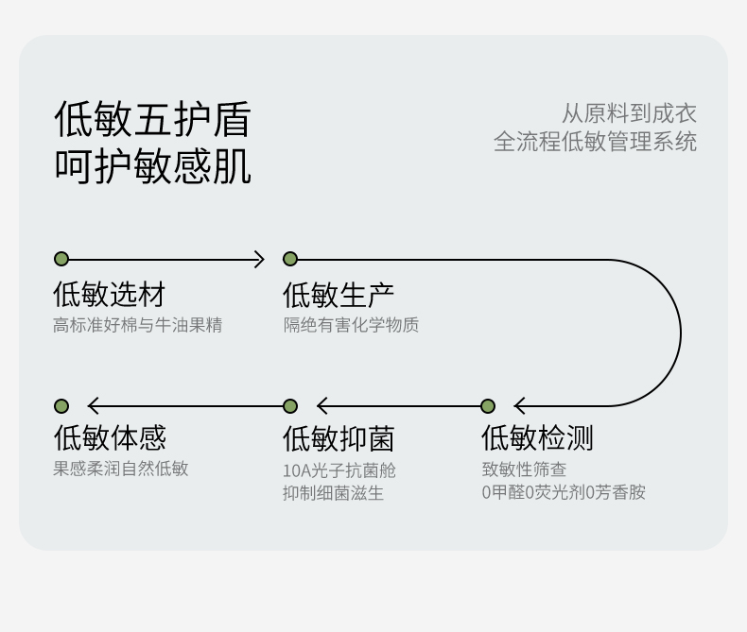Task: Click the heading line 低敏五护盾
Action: pos(152,120)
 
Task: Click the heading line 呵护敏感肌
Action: pos(152,166)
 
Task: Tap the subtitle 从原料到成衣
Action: pos(629,113)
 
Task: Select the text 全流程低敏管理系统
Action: pos(595,142)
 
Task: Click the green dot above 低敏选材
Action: pos(61,259)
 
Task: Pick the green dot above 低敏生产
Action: pos(290,259)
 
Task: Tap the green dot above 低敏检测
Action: pos(488,406)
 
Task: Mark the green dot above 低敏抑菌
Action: pos(290,406)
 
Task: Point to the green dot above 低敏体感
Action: pos(61,406)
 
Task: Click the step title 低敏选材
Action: pos(110,295)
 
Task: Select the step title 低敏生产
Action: pos(339,295)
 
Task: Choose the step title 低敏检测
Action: pos(537,438)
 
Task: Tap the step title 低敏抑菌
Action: pos(339,438)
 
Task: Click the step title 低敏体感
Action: pos(110,438)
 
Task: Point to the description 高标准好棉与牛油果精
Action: pos(138,325)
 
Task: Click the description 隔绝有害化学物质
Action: pos(351,325)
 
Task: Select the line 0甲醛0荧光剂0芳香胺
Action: pos(564,492)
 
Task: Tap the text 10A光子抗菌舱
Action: pos(339,470)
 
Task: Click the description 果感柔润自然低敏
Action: pos(121,469)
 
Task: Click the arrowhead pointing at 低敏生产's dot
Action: pos(260,259)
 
